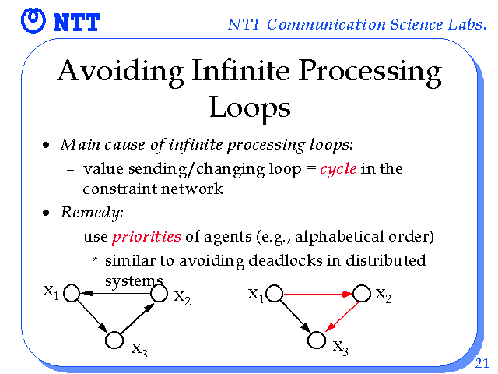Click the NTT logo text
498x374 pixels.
pyautogui.click(x=76, y=23)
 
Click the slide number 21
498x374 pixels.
pyautogui.click(x=481, y=362)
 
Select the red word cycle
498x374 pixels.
pyautogui.click(x=338, y=169)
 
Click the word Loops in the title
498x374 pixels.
pyautogui.click(x=249, y=107)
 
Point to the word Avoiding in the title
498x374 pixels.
pyautogui.click(x=112, y=72)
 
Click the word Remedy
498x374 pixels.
pyautogui.click(x=91, y=212)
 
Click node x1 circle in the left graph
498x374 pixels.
pyautogui.click(x=72, y=294)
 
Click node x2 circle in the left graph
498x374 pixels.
pyautogui.click(x=159, y=294)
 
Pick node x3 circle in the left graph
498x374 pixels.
pyautogui.click(x=114, y=340)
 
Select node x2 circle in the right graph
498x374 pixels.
pyautogui.click(x=361, y=295)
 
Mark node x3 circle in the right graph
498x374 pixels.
pyautogui.click(x=316, y=340)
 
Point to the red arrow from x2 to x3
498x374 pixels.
pyautogui.click(x=340, y=316)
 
